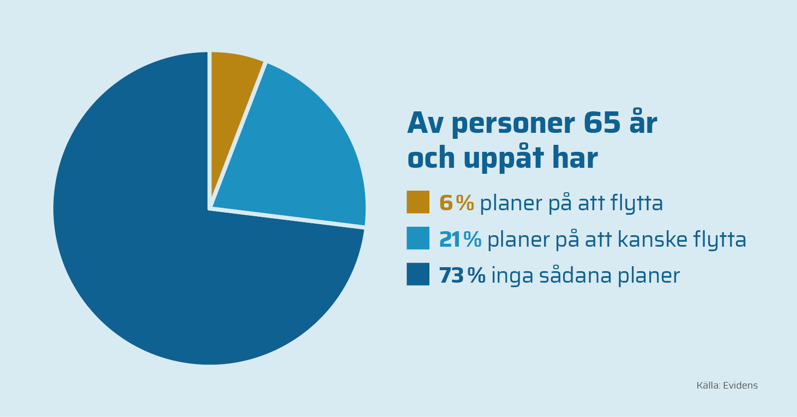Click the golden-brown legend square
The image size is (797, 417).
(x=418, y=202)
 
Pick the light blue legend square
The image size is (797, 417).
(x=418, y=238)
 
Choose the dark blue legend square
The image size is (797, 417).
(x=418, y=274)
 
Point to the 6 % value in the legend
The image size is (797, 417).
(x=457, y=203)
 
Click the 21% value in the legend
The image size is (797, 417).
(x=460, y=239)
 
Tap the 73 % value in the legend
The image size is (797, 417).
(x=462, y=275)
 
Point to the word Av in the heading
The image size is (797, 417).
(x=425, y=123)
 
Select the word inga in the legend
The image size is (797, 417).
(x=512, y=276)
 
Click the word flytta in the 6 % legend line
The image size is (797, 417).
(x=637, y=204)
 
